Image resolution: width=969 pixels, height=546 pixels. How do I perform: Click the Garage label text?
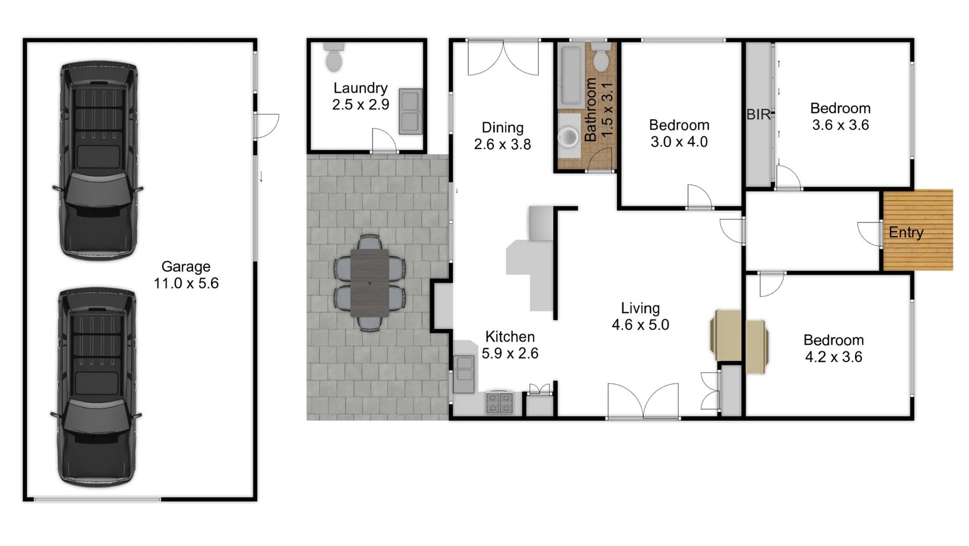coord(186,266)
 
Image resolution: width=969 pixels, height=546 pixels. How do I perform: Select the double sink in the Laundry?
coord(410,111)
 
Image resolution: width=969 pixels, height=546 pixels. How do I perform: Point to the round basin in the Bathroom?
coord(569,136)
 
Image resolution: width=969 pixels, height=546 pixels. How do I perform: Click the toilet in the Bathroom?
coord(601,58)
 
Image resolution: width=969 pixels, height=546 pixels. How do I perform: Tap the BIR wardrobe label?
coord(758,115)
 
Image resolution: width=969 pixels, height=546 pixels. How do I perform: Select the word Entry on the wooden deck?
coord(906,233)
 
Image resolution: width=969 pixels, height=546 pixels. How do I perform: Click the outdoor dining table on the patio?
coord(369,283)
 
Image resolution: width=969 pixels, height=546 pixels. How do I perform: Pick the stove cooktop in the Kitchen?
coord(499,403)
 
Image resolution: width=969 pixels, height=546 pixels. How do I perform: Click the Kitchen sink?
coord(464,374)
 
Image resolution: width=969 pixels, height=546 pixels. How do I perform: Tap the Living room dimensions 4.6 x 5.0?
coord(640,325)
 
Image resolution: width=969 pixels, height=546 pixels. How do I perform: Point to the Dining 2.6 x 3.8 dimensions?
coord(502,145)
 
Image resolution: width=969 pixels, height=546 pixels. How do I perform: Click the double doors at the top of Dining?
coord(503,58)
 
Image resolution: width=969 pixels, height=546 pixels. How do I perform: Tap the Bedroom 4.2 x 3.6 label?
coord(833,348)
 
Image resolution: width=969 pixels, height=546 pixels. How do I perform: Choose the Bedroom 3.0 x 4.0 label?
coord(679,133)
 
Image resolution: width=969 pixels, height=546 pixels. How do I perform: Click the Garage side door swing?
coord(266,126)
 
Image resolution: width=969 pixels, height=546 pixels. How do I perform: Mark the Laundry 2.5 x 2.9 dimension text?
coord(360,105)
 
